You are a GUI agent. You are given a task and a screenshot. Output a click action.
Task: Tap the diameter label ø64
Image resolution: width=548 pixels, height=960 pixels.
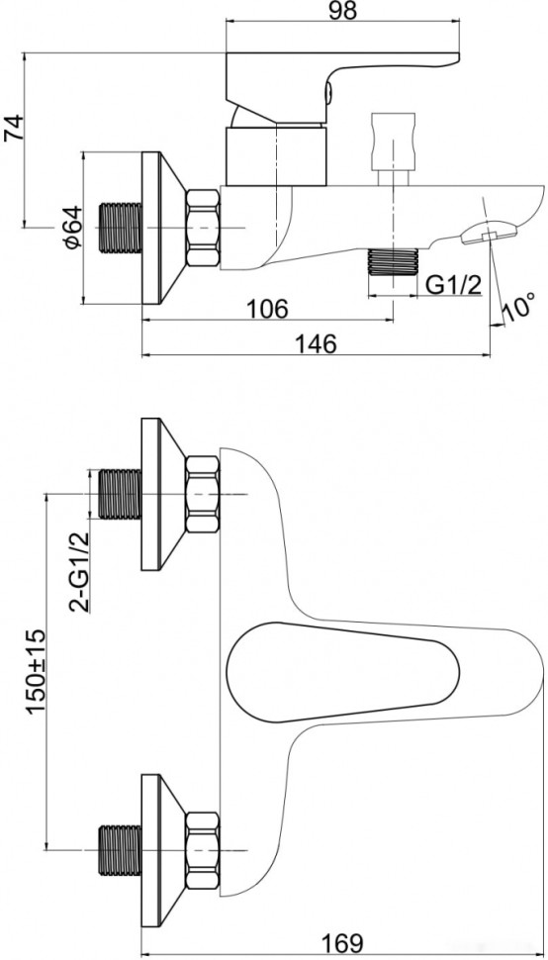click(x=70, y=229)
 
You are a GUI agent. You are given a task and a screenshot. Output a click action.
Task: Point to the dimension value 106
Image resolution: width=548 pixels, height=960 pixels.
click(x=266, y=310)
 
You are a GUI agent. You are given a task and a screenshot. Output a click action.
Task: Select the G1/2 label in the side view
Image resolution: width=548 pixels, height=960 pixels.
click(x=454, y=286)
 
